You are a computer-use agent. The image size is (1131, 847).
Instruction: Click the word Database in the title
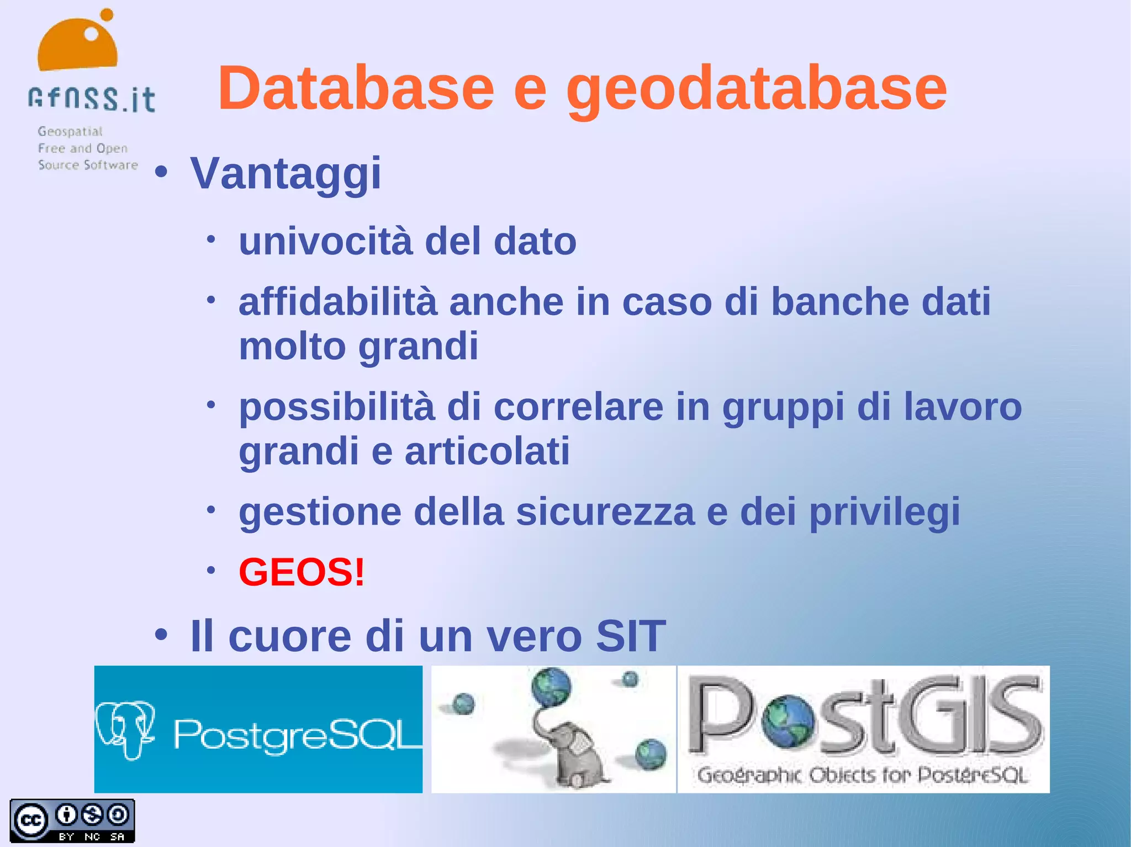356,88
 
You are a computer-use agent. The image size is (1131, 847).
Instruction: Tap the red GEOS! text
302,572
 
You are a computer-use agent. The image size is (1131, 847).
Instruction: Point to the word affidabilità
338,302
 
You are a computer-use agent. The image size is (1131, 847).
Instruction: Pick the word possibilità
337,407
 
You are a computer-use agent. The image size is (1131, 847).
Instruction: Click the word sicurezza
605,512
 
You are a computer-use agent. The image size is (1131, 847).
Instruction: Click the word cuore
290,636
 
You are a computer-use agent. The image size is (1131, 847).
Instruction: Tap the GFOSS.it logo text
92,99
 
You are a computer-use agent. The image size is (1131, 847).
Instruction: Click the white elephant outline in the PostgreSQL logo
125,728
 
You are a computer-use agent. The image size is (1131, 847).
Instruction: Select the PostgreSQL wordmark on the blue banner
297,735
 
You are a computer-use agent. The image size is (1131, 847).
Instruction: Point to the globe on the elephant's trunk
551,686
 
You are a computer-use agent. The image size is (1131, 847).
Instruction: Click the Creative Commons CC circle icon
31,820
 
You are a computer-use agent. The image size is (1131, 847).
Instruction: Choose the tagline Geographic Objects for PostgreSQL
862,775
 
